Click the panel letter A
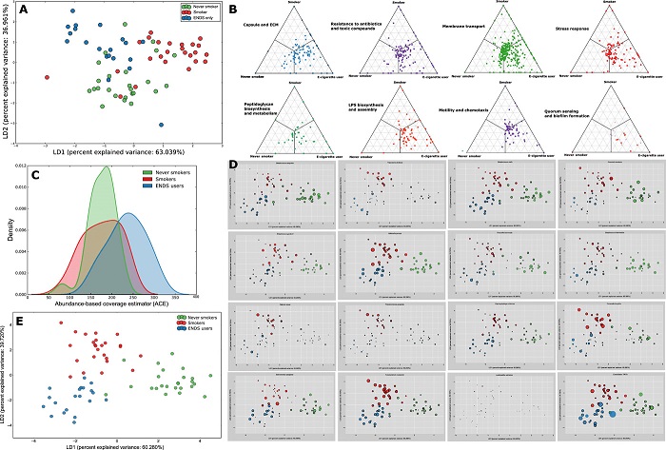coord(8,10)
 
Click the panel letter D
coord(236,162)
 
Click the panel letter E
coord(8,319)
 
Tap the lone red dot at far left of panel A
coord(47,77)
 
